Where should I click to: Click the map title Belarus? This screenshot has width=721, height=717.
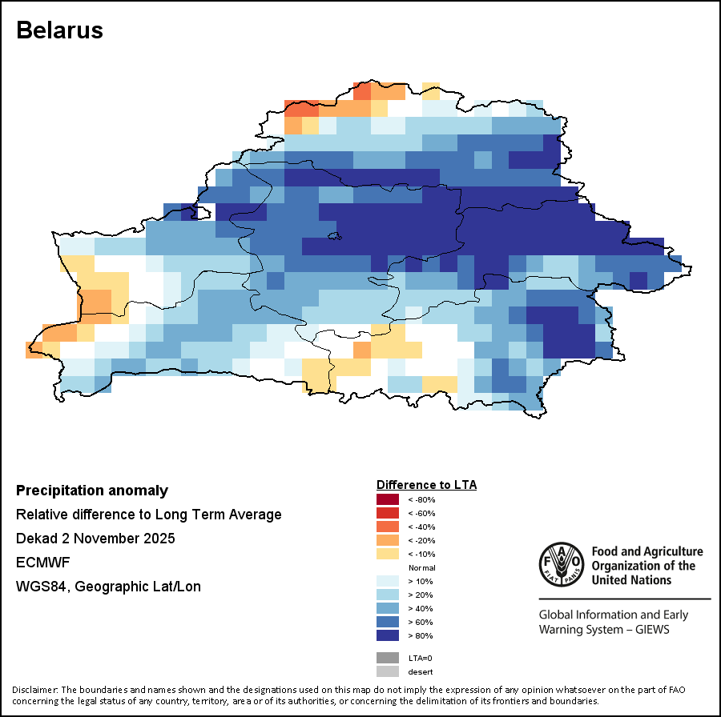point(60,30)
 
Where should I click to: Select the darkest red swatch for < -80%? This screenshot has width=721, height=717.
point(387,500)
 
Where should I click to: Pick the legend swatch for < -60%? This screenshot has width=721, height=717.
point(387,514)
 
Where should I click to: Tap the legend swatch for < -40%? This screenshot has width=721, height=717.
point(387,527)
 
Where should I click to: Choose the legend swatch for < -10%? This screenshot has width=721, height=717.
point(387,554)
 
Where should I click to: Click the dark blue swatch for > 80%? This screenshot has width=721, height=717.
point(387,635)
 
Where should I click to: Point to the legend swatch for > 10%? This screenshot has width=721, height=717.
point(387,581)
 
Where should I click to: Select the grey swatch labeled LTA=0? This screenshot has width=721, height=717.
point(387,658)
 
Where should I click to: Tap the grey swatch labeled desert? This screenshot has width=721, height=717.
point(387,671)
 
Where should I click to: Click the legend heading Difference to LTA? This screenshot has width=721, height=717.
point(426,485)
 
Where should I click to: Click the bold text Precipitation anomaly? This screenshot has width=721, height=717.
point(92,491)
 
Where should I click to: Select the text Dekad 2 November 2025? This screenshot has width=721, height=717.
point(95,539)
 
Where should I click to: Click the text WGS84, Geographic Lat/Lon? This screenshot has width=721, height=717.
point(108,587)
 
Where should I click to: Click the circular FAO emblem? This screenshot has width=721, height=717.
point(561,565)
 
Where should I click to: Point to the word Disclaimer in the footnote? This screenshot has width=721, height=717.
point(34,690)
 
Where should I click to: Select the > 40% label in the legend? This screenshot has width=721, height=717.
point(420,608)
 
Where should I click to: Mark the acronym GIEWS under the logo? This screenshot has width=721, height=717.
point(651,629)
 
